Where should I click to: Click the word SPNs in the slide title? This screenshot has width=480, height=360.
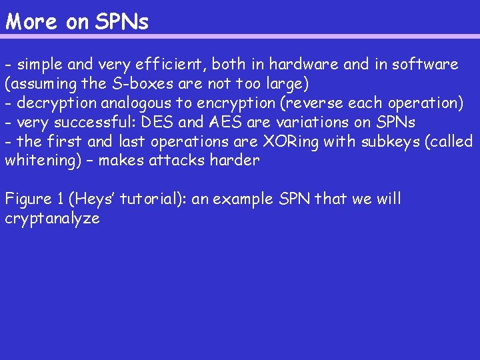click(x=122, y=22)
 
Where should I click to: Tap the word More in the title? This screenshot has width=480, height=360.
click(x=31, y=22)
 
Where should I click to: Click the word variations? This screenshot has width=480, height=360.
click(x=300, y=123)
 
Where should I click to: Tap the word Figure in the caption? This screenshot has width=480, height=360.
click(x=28, y=199)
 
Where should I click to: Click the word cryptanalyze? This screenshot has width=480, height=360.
click(x=52, y=219)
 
